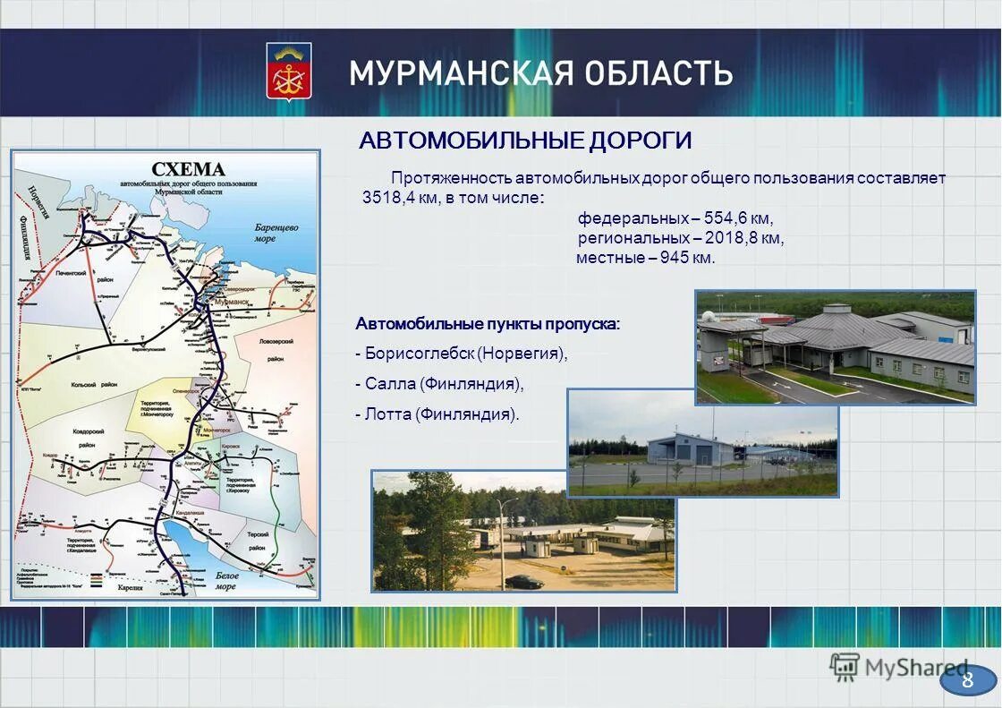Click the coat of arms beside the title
(289, 71)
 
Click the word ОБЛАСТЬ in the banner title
(656, 73)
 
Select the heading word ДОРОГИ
(641, 141)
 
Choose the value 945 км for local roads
(689, 258)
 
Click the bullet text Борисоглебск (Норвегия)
(465, 354)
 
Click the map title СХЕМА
(188, 169)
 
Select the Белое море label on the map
(226, 581)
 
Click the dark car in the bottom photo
(523, 582)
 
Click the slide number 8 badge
(967, 680)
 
